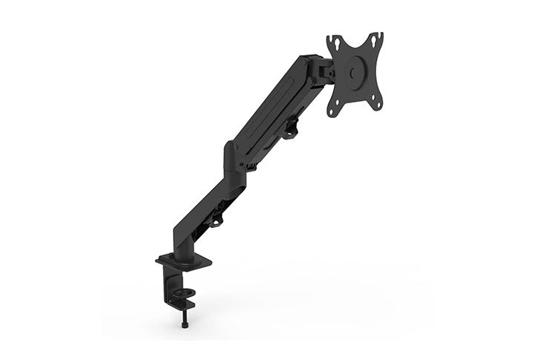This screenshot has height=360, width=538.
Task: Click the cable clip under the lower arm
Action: click(x=216, y=220)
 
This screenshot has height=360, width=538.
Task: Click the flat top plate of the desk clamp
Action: click(x=183, y=261)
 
